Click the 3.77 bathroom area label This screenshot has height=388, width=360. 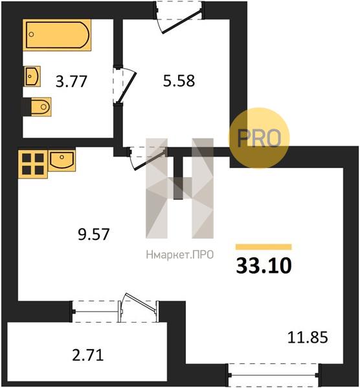click(x=71, y=81)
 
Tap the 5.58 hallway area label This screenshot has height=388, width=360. click(x=179, y=81)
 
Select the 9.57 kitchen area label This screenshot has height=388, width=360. click(x=93, y=234)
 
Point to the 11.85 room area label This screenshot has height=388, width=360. click(x=308, y=338)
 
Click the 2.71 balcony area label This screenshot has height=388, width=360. click(x=87, y=356)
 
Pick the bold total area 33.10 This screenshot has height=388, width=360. click(x=264, y=266)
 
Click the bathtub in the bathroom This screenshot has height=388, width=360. click(x=57, y=35)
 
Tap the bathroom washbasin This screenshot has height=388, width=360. click(x=32, y=76)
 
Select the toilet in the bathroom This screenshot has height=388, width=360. click(x=41, y=107)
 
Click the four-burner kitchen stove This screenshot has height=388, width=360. click(x=33, y=164)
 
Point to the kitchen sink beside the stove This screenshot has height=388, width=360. click(x=62, y=160)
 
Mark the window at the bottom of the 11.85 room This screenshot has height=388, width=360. click(x=274, y=375)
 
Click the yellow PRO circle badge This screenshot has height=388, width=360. click(x=258, y=138)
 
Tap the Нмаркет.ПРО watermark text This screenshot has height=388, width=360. click(x=180, y=255)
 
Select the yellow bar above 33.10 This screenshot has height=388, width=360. click(x=264, y=247)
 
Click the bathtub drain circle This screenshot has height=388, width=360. click(x=31, y=34)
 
